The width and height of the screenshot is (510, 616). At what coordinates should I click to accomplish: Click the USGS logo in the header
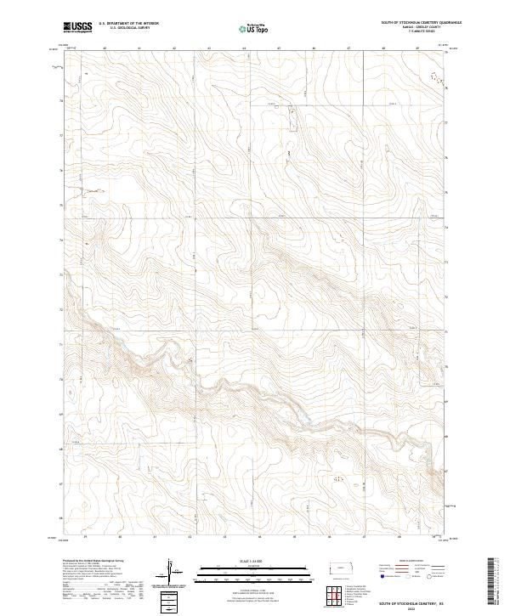[78, 27]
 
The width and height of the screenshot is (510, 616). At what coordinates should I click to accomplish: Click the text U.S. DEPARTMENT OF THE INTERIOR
[129, 24]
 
